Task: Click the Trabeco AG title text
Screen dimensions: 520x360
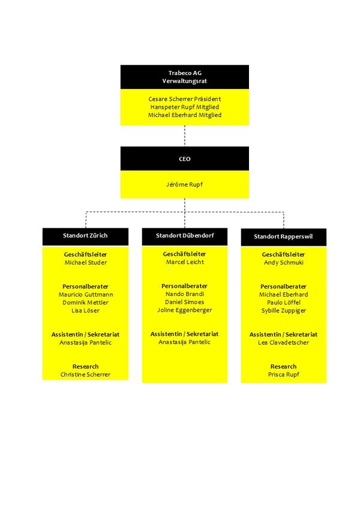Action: [x=185, y=73]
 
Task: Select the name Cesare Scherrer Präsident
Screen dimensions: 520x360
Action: [x=185, y=98]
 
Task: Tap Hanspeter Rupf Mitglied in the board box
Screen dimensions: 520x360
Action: [x=185, y=106]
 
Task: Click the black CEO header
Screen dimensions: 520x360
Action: [x=185, y=159]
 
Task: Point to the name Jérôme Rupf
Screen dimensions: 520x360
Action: [x=185, y=184]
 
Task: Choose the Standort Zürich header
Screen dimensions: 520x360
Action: [x=85, y=235]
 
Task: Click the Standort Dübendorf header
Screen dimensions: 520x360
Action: [x=185, y=236]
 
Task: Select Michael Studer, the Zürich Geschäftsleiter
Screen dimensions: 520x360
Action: [x=85, y=262]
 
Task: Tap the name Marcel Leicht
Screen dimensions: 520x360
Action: [x=185, y=262]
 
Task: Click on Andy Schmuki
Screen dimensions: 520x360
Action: [x=283, y=262]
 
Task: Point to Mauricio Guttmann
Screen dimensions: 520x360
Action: [x=85, y=294]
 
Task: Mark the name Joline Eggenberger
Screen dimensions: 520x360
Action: [x=185, y=310]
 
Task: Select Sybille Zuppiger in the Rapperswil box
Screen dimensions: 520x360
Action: [x=283, y=310]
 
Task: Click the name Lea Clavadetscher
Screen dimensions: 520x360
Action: [x=283, y=342]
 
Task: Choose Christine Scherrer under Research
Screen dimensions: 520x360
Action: [x=85, y=374]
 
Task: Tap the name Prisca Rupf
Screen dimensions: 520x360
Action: [x=283, y=374]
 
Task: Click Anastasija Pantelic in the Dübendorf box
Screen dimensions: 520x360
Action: [x=185, y=342]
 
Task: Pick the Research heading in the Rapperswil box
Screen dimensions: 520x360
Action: [x=283, y=366]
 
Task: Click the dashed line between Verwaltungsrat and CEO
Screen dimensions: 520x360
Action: [x=185, y=136]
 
